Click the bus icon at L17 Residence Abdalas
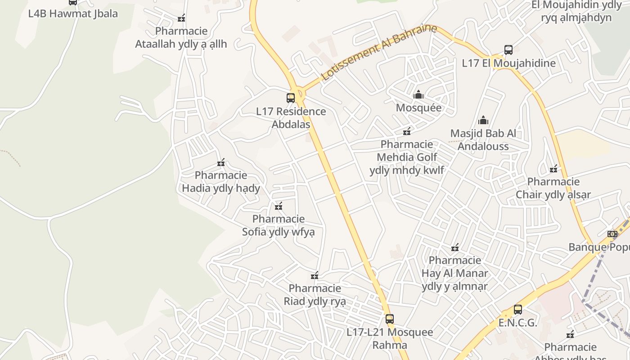click(291, 98)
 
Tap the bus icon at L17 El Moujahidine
click(508, 50)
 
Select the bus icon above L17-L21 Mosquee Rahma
click(390, 319)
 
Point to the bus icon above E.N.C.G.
click(518, 310)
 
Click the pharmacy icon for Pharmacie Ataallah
click(181, 18)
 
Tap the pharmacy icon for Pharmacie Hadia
click(221, 162)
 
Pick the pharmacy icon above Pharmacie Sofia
click(279, 206)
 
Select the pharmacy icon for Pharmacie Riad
click(315, 275)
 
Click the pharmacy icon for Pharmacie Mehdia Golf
click(407, 131)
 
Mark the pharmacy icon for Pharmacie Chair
click(553, 169)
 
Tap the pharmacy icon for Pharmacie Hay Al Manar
click(455, 247)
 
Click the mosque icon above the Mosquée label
click(418, 95)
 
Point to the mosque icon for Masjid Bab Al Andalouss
click(483, 120)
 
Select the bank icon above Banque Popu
click(612, 234)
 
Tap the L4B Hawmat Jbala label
click(73, 13)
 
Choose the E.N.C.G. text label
click(518, 323)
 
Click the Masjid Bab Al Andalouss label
click(483, 140)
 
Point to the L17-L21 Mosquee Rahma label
click(390, 338)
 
